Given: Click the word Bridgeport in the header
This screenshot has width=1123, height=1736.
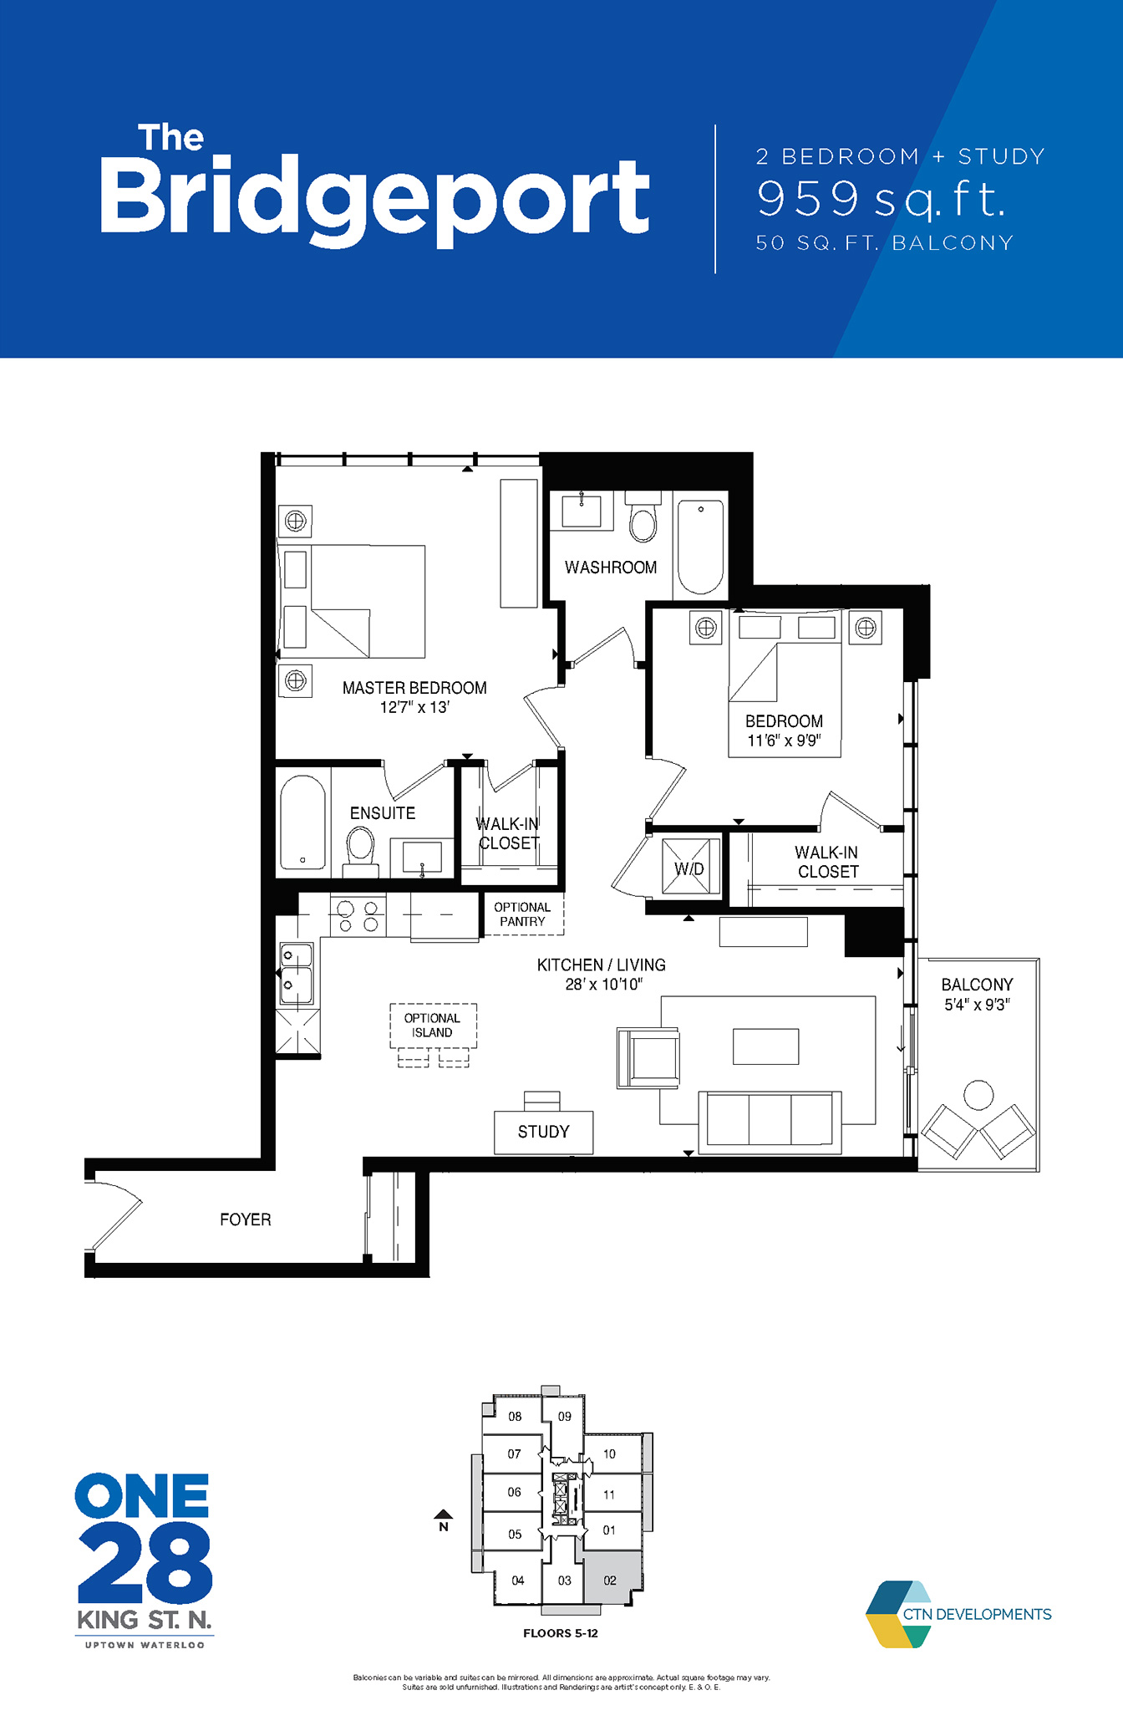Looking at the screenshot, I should click(374, 197).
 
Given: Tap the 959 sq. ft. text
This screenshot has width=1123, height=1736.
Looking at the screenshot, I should click(881, 200).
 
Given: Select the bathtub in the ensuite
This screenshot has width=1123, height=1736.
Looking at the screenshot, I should click(302, 822).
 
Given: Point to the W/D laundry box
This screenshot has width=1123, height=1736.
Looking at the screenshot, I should click(690, 868).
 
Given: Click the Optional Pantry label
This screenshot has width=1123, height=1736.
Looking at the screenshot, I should click(522, 914).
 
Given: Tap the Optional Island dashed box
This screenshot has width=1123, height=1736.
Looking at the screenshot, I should click(433, 1026).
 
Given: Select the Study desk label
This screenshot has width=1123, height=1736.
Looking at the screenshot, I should click(543, 1132).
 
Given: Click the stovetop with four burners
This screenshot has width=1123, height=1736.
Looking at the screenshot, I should click(358, 916).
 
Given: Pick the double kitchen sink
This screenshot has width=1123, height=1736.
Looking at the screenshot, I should click(296, 973).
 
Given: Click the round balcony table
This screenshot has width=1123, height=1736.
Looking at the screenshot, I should click(978, 1094).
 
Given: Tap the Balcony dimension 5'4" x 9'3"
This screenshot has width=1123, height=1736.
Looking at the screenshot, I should click(977, 1005).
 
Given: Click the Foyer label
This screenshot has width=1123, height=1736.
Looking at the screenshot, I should click(245, 1219).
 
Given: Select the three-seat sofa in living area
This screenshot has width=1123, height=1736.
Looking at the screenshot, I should click(770, 1120).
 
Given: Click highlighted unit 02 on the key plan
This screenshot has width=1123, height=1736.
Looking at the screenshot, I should click(610, 1579).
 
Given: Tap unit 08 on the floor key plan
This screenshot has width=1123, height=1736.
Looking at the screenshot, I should click(515, 1416).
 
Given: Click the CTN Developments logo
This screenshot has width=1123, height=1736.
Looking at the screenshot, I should click(958, 1614).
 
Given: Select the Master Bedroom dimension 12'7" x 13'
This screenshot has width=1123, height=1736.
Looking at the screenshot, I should click(414, 707).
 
